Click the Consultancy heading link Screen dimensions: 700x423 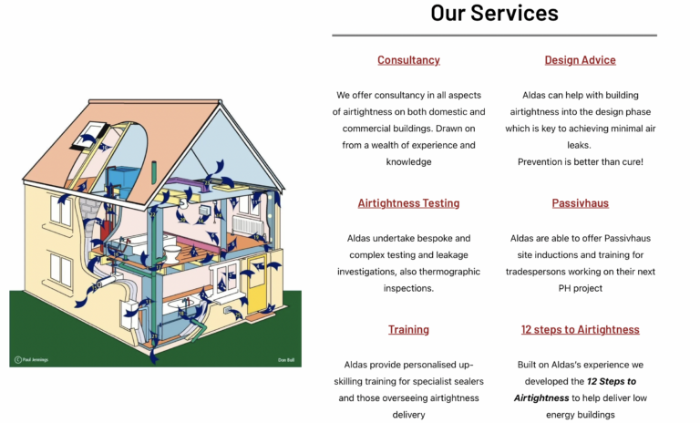coord(408,60)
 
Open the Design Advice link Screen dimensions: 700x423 coord(580,60)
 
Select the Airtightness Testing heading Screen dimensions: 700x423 coord(408,203)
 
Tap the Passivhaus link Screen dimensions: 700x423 coord(580,203)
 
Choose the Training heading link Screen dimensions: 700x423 coord(408,330)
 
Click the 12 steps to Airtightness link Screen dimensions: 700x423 coord(580,330)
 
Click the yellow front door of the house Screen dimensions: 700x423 coord(257,284)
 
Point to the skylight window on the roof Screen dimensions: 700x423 coord(89,135)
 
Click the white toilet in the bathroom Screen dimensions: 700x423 coord(172,253)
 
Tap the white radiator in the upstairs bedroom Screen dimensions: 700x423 coord(247,225)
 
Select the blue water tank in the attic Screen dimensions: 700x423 coord(124,179)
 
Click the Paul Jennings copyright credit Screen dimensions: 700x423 coord(31,359)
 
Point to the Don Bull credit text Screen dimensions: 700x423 coord(286,360)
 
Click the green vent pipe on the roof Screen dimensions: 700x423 coord(154,172)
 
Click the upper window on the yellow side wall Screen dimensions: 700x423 coord(61,211)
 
